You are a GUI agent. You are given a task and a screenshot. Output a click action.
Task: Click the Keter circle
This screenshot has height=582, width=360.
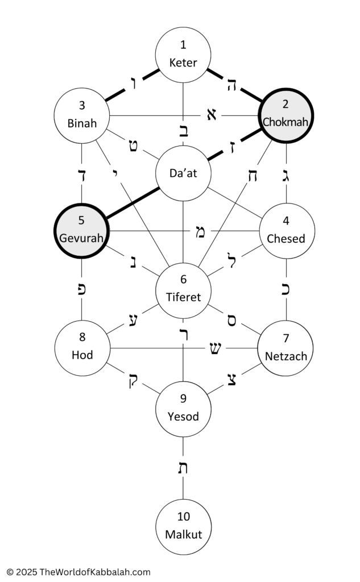183,55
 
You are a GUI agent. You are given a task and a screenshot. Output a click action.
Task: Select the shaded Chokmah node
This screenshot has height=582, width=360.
285,115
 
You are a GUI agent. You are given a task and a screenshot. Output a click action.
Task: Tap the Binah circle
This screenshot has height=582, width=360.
82,115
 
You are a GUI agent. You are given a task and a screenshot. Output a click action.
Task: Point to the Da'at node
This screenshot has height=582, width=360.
183,173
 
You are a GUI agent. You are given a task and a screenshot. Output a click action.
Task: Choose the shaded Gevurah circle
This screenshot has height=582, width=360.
81,231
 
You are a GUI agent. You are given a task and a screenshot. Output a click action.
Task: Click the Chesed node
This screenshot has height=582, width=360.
286,231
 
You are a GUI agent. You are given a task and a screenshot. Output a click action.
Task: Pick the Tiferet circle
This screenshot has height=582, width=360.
183,290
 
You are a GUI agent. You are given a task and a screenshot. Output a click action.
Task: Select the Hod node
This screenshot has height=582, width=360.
82,348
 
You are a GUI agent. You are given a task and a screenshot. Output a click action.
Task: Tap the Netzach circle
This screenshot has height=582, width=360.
285,348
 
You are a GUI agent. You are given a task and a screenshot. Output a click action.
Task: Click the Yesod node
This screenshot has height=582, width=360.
183,409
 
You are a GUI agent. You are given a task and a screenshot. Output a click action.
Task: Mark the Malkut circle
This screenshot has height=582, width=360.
183,527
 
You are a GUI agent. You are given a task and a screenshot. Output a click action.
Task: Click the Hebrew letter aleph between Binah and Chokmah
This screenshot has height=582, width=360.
211,115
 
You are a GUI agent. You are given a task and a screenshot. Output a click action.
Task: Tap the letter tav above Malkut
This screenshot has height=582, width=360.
183,468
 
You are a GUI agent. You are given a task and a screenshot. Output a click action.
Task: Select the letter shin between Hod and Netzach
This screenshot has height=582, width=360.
215,348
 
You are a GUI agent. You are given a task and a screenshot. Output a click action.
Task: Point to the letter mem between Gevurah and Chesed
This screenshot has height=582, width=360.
200,232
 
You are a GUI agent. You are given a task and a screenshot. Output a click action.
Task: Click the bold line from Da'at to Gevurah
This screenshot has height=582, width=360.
133,203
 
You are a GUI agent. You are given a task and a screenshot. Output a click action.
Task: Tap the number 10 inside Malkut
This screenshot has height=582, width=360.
184,516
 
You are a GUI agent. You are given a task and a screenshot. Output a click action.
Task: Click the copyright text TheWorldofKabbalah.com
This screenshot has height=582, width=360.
95,572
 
